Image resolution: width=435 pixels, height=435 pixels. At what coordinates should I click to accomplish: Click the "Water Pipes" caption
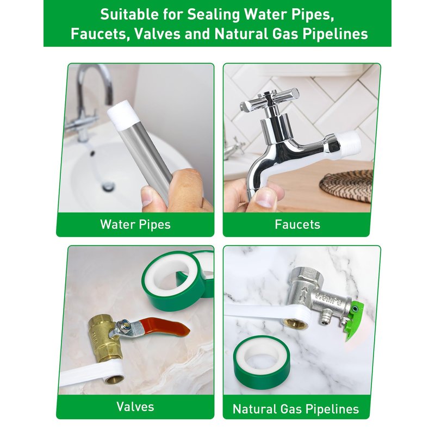point(135,225)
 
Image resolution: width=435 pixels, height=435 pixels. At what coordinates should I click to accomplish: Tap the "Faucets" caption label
point(297,225)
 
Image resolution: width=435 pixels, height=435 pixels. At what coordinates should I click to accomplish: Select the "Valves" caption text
point(135,407)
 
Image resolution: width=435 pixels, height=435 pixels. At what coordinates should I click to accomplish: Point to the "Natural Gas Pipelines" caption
point(296,409)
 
